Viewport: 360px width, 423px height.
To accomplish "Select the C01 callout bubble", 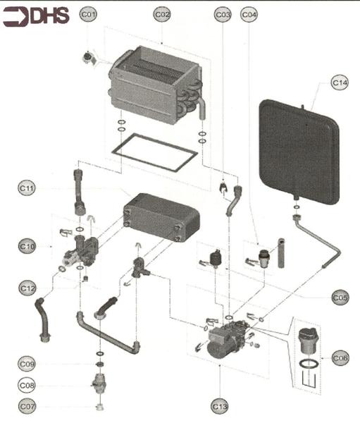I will pos(89,14).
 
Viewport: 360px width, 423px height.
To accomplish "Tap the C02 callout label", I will pos(162,14).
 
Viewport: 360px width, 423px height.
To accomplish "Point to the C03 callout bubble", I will pos(223,14).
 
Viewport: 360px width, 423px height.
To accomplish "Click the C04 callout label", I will pos(249,14).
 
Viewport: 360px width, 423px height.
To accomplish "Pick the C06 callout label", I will pos(340,358).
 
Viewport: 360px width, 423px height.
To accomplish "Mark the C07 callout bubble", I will pos(27,407).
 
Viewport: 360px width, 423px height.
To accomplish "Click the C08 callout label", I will pos(27,386).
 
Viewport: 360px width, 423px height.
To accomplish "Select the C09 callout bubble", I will pos(27,364).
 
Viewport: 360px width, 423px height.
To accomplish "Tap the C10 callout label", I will pos(27,246).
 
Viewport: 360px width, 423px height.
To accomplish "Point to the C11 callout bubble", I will pos(27,188).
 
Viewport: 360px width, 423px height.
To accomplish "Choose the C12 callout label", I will pos(27,288).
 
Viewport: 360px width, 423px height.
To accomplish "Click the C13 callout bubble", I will pos(220,406).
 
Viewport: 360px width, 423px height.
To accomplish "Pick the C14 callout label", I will pos(340,83).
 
